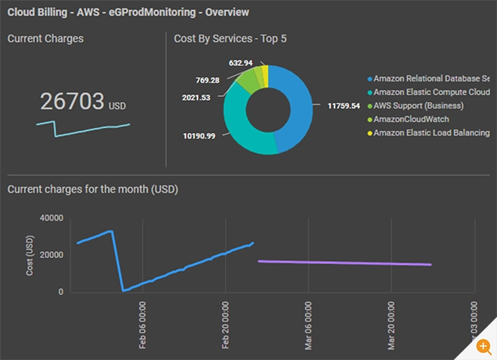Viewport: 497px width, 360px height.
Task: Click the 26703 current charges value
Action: point(72,101)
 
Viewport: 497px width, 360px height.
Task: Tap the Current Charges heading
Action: point(46,38)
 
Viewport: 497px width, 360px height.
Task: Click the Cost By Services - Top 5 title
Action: point(230,38)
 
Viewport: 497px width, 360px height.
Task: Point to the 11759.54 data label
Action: point(344,105)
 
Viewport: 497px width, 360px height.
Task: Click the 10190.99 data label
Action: point(199,136)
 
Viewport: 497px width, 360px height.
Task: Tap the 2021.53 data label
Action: point(196,98)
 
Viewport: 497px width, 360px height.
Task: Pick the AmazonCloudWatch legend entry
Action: point(410,119)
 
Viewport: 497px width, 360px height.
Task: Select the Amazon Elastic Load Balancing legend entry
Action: point(431,133)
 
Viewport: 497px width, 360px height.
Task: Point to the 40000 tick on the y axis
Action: point(51,218)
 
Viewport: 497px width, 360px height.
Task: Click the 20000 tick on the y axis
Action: point(51,255)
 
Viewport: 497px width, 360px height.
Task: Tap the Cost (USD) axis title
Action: point(29,255)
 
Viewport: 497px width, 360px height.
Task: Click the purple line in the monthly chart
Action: point(345,263)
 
